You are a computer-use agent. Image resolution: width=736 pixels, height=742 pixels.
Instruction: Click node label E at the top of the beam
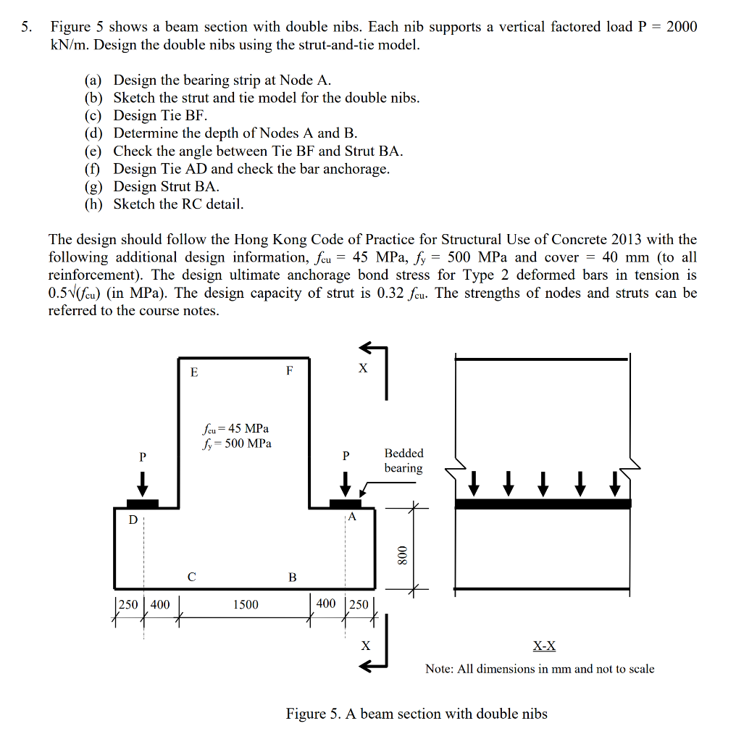[193, 372]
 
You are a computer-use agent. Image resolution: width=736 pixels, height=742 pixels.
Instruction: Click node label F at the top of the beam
[289, 371]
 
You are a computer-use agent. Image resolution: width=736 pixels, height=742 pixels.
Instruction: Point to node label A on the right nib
[352, 517]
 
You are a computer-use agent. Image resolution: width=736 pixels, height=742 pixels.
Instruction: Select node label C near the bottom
[191, 578]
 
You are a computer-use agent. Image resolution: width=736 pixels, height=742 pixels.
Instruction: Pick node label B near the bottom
[292, 578]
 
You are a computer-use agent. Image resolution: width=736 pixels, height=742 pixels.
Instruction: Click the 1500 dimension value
[246, 604]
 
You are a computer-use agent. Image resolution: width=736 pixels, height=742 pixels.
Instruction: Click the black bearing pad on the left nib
[143, 504]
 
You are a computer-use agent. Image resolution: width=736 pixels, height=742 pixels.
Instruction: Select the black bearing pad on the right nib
[345, 504]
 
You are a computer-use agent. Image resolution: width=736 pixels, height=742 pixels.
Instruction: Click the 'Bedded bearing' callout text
[403, 460]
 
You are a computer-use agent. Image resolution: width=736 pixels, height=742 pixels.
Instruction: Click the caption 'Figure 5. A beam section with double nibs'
[417, 714]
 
